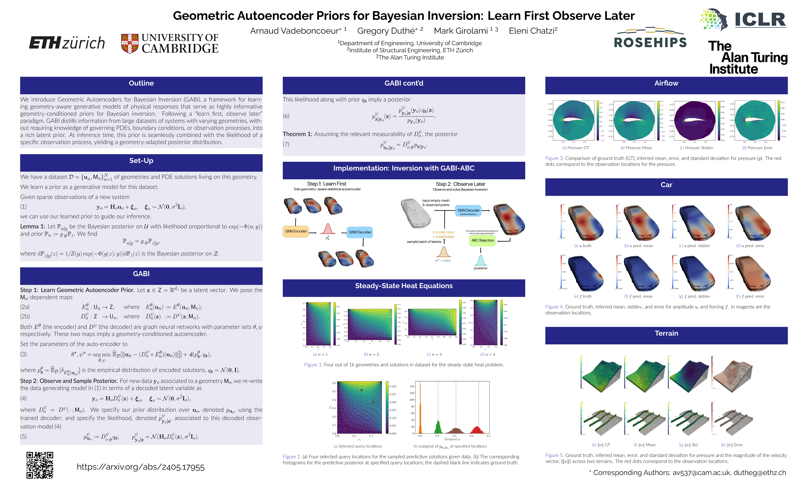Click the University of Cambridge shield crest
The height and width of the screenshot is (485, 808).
[x=129, y=43]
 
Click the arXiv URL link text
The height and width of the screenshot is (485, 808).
[x=140, y=467]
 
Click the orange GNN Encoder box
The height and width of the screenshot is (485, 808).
[x=296, y=231]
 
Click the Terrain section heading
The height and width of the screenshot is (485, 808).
[x=666, y=333]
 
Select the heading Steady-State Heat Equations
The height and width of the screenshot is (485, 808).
[x=404, y=286]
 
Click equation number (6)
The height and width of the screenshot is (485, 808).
[x=286, y=116]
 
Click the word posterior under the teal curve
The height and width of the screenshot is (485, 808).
[x=480, y=268]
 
